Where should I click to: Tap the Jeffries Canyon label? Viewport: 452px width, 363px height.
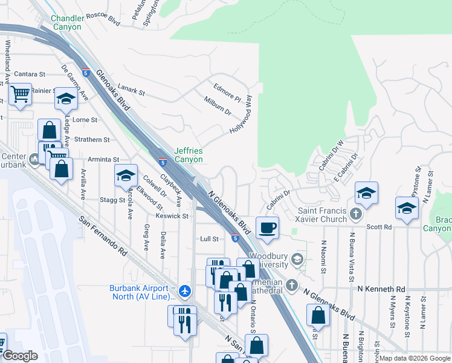188,155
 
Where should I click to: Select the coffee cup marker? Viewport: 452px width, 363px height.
268,228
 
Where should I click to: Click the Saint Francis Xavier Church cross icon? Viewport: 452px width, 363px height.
357,214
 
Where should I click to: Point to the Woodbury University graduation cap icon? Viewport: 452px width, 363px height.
297,259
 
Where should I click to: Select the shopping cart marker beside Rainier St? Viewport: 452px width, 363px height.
20,94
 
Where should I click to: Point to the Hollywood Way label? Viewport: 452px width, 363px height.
241,114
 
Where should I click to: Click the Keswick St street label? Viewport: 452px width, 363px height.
172,216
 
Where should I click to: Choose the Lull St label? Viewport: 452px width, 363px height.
209,239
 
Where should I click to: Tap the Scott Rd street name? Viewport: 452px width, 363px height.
379,227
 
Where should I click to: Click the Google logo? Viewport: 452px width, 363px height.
19,356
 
